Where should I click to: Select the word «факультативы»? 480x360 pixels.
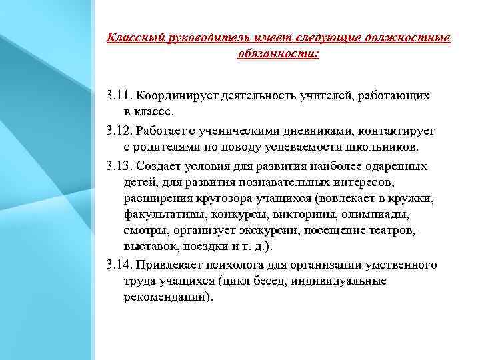click(161, 215)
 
